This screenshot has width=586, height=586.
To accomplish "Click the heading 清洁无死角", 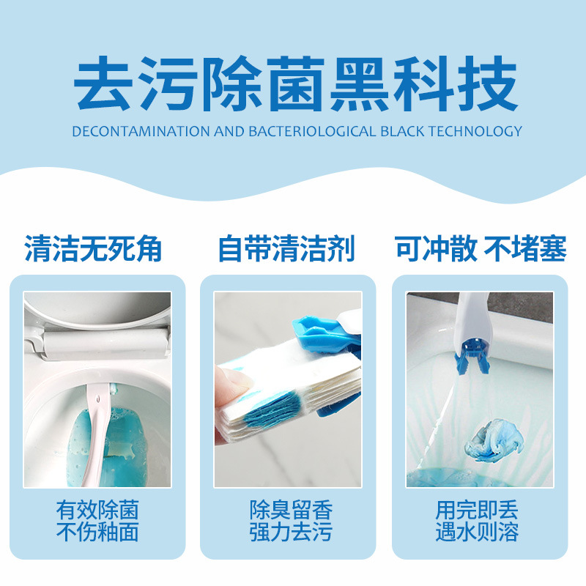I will coord(93,249).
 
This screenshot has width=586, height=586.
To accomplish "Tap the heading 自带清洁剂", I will coord(287,249).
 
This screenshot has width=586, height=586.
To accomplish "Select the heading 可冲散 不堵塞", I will coord(481,249).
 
